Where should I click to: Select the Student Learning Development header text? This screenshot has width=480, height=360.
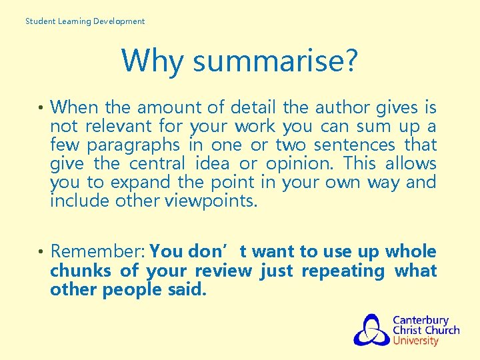[x=85, y=21]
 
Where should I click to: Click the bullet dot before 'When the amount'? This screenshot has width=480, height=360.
[x=41, y=108]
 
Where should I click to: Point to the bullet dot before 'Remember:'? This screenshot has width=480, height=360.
[x=41, y=253]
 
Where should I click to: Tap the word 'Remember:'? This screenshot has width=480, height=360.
[x=98, y=252]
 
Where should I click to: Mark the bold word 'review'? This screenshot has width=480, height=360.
[x=223, y=271]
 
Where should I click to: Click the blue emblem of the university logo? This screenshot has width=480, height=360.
[x=371, y=330]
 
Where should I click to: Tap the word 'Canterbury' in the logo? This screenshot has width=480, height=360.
[x=420, y=320]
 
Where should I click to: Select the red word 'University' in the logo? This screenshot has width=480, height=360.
[x=415, y=341]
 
